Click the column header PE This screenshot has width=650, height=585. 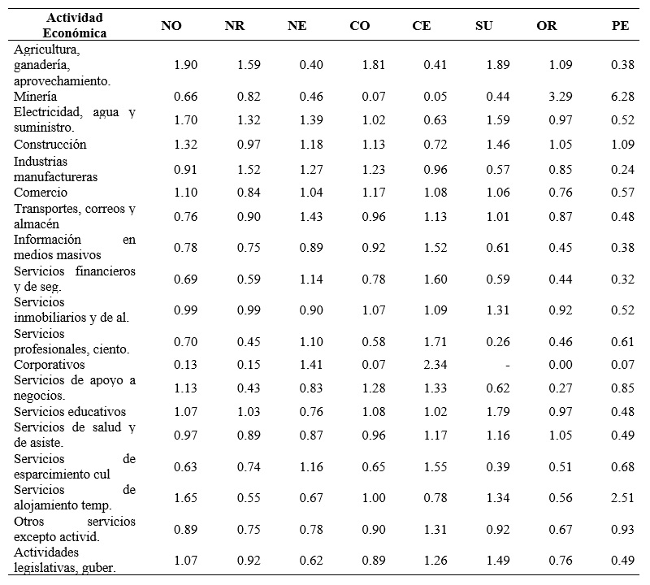[620, 26]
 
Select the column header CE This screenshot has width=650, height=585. [422, 26]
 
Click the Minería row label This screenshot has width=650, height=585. [35, 97]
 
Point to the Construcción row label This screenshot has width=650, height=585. [50, 145]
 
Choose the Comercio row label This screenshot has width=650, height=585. [41, 193]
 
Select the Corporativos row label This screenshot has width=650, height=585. [50, 364]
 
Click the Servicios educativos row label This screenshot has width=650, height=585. [70, 412]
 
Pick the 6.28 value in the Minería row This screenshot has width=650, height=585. [621, 97]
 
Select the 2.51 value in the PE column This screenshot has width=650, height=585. [621, 497]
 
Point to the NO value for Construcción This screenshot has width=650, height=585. [186, 145]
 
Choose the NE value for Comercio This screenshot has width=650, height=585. [311, 193]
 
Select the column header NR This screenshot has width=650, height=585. [235, 26]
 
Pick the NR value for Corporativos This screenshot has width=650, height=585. [249, 364]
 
